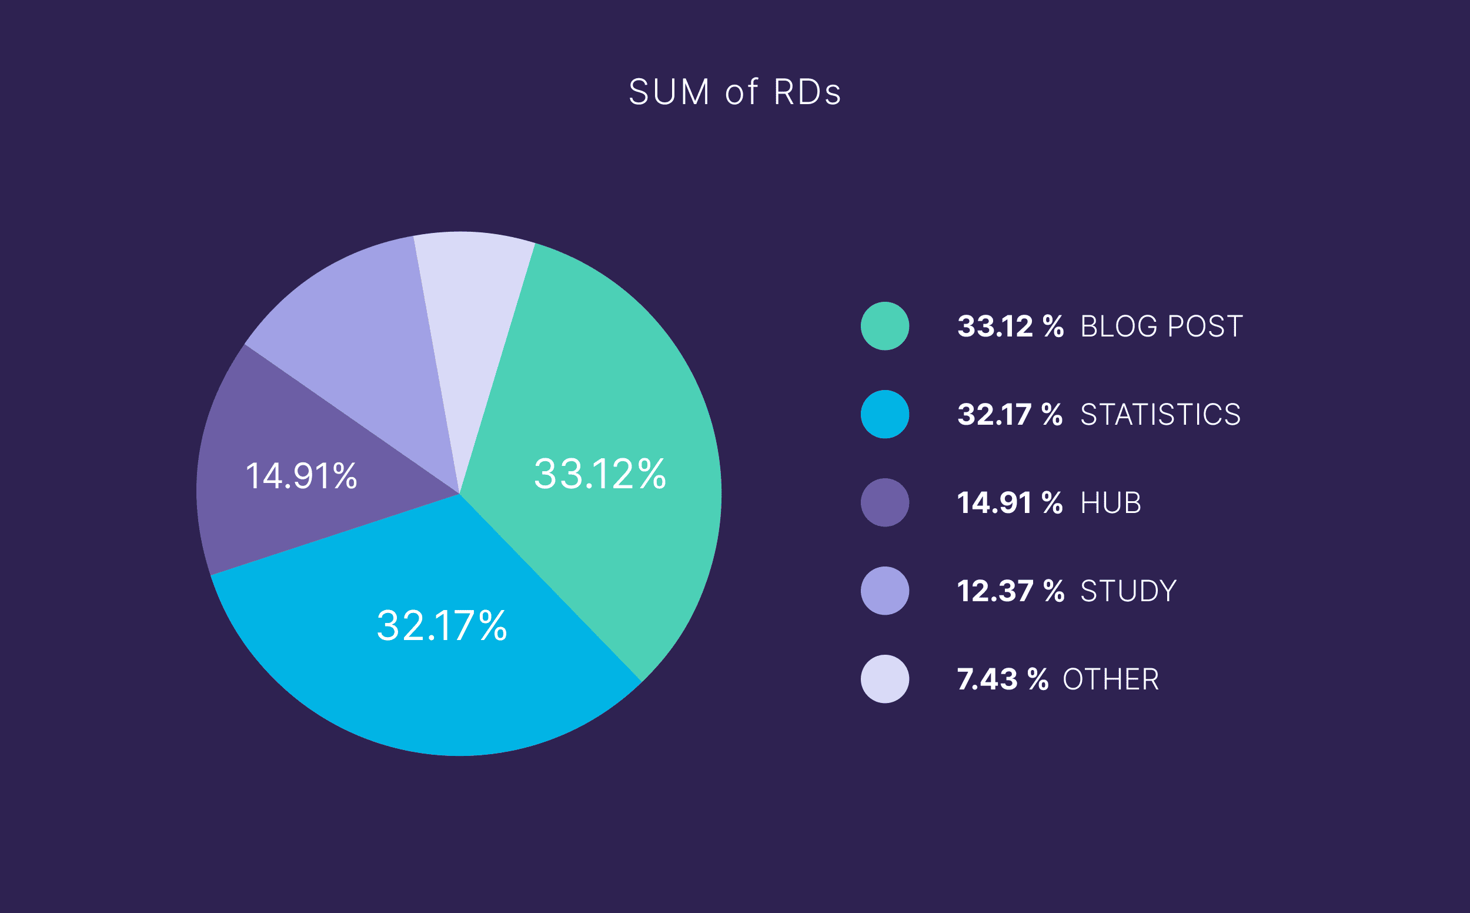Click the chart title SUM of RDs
click(x=734, y=92)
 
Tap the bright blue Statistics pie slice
click(x=422, y=677)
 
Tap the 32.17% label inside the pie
click(x=442, y=625)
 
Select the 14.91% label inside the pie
click(x=301, y=476)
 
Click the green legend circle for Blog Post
click(x=885, y=326)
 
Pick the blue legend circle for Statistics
click(x=885, y=414)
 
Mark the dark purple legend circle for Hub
click(x=885, y=502)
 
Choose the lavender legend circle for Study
click(x=885, y=591)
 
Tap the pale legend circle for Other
click(x=885, y=679)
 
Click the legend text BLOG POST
click(x=1161, y=326)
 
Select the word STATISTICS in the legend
click(x=1160, y=415)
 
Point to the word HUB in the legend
click(x=1110, y=503)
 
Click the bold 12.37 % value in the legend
click(x=1010, y=591)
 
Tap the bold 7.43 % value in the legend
click(x=1003, y=679)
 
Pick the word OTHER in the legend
click(x=1110, y=679)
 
